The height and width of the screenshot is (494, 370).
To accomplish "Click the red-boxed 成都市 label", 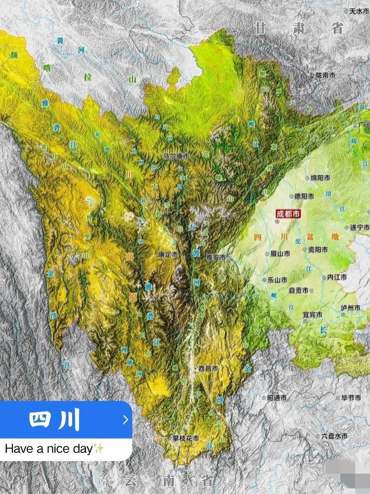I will [x=288, y=214].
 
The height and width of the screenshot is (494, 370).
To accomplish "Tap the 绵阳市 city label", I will [x=320, y=178].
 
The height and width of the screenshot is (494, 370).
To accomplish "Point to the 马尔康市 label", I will [x=176, y=156].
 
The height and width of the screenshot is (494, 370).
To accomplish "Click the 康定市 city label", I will [x=168, y=254].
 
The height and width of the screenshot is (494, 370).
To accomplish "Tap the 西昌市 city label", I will [x=208, y=369].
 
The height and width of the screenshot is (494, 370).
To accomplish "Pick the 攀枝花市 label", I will [x=185, y=438].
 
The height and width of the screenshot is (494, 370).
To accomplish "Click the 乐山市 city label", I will [x=277, y=280].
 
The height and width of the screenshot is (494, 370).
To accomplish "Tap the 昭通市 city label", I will [x=277, y=397].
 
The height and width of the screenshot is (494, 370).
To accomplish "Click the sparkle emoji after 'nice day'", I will [x=98, y=448].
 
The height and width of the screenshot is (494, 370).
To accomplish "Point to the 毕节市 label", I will [x=351, y=397].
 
